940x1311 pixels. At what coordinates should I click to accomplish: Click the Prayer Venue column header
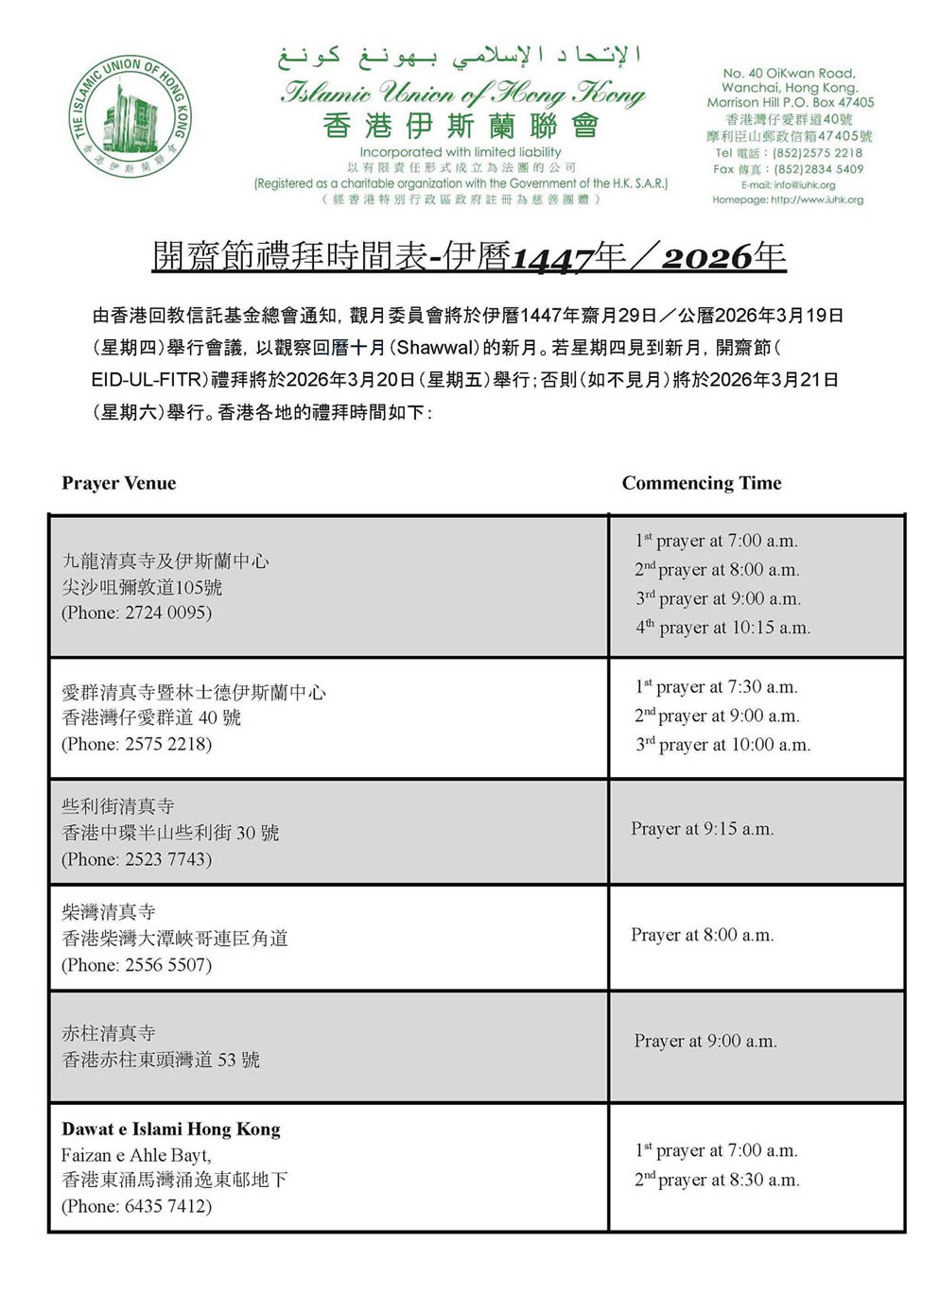click(x=118, y=483)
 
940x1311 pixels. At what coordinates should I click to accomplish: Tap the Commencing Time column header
click(x=701, y=483)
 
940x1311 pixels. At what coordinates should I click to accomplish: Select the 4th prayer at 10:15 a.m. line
click(x=722, y=628)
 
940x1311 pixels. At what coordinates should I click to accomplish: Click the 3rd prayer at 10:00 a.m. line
click(x=722, y=745)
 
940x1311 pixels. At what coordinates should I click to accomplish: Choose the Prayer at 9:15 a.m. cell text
click(x=702, y=829)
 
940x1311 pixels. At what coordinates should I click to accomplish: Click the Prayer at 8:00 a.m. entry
click(x=702, y=935)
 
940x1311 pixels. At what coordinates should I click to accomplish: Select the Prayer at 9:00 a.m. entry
click(x=705, y=1041)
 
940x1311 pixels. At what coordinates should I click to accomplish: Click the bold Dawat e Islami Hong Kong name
click(x=171, y=1129)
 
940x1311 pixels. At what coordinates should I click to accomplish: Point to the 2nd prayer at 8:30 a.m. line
click(x=717, y=1180)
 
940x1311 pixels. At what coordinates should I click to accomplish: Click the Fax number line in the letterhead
click(x=788, y=169)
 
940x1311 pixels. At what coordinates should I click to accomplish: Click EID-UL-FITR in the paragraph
click(x=148, y=380)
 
